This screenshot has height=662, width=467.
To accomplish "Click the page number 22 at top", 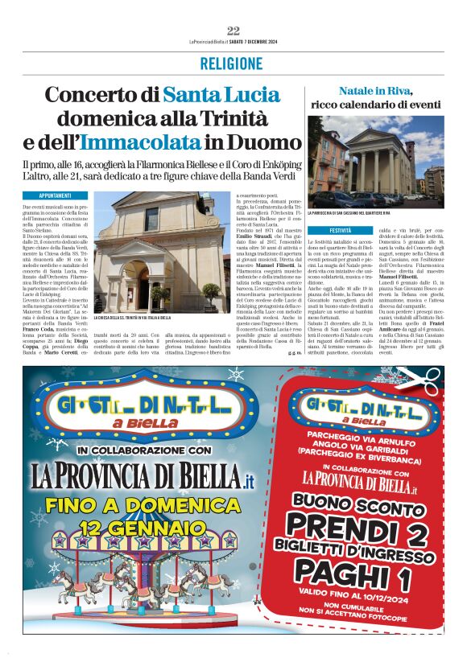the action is pyautogui.click(x=233, y=31).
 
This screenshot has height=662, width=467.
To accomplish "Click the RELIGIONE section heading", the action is pyautogui.click(x=233, y=64).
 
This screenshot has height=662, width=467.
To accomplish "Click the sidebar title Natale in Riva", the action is pyautogui.click(x=375, y=91).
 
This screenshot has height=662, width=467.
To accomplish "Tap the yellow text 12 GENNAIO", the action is pyautogui.click(x=138, y=528).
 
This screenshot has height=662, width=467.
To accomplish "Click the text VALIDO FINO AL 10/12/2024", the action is pyautogui.click(x=358, y=598).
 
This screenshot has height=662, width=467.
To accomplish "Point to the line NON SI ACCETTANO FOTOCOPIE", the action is pyautogui.click(x=358, y=621).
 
